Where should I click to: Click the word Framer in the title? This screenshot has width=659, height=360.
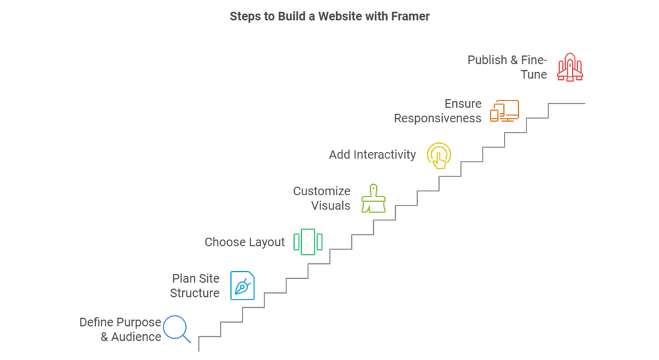click(x=409, y=16)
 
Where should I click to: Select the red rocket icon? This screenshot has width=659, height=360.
click(x=570, y=67)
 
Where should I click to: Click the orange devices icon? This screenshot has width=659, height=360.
click(x=504, y=111)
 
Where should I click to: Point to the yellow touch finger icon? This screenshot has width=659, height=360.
click(x=439, y=155)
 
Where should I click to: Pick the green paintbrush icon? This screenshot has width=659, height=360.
click(x=373, y=198)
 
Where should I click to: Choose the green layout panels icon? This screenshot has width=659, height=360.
click(x=308, y=242)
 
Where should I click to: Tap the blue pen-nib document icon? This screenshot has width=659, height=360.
click(x=243, y=285)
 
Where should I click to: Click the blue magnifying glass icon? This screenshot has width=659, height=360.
click(x=176, y=328)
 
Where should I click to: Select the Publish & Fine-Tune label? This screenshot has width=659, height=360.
click(x=507, y=67)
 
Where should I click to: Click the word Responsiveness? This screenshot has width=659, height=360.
click(x=438, y=118)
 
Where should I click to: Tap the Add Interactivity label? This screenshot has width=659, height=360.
click(x=372, y=155)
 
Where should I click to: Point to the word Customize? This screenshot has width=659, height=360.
click(x=322, y=191)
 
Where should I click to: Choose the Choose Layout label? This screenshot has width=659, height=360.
click(x=245, y=242)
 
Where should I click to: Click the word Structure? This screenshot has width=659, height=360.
click(x=194, y=293)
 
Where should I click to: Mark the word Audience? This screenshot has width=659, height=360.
click(x=136, y=337)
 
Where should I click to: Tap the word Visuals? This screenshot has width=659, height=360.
click(x=331, y=206)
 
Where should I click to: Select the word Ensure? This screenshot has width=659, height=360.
click(x=463, y=104)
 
